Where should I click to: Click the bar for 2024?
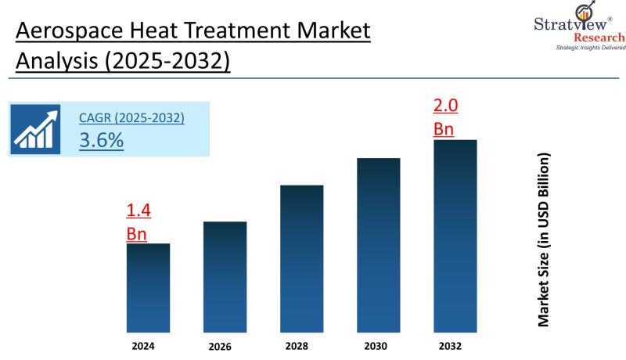click(148, 288)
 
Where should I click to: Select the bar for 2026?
click(225, 277)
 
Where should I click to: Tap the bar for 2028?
click(301, 259)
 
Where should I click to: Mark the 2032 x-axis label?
click(455, 344)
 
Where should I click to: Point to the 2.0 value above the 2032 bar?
click(446, 106)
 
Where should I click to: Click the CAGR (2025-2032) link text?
click(131, 118)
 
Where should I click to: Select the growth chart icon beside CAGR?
click(36, 129)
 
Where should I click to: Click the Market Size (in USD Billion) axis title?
click(543, 239)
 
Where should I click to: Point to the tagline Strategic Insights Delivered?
click(591, 49)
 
